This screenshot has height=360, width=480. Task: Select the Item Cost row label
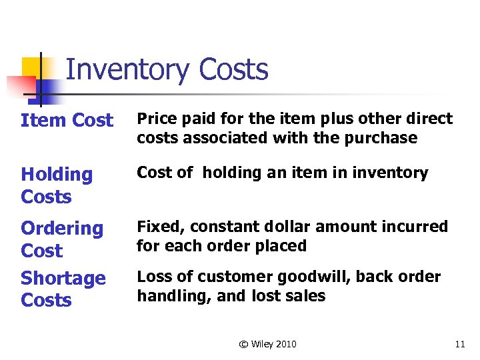pos(67,121)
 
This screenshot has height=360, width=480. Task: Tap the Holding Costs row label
pos(57,185)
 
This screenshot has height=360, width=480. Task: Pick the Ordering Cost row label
pos(62,239)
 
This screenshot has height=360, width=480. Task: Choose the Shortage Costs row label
pos(63,289)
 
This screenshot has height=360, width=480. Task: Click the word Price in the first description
pos(155,119)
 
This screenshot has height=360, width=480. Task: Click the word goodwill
pos(320,277)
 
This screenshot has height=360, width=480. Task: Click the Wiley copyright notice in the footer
pos(267,344)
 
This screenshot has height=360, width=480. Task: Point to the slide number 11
pos(459,344)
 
